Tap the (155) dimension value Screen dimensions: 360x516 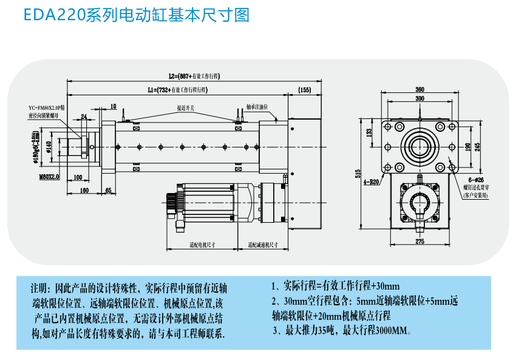coord(305,90)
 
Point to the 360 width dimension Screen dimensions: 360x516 coord(419,90)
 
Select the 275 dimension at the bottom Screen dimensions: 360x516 coord(419,242)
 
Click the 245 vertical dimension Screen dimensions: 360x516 coord(477,146)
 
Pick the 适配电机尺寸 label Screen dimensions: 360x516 coord(200,245)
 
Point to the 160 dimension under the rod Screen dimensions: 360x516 coord(84,191)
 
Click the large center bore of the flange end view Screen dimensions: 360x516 coord(419,146)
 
